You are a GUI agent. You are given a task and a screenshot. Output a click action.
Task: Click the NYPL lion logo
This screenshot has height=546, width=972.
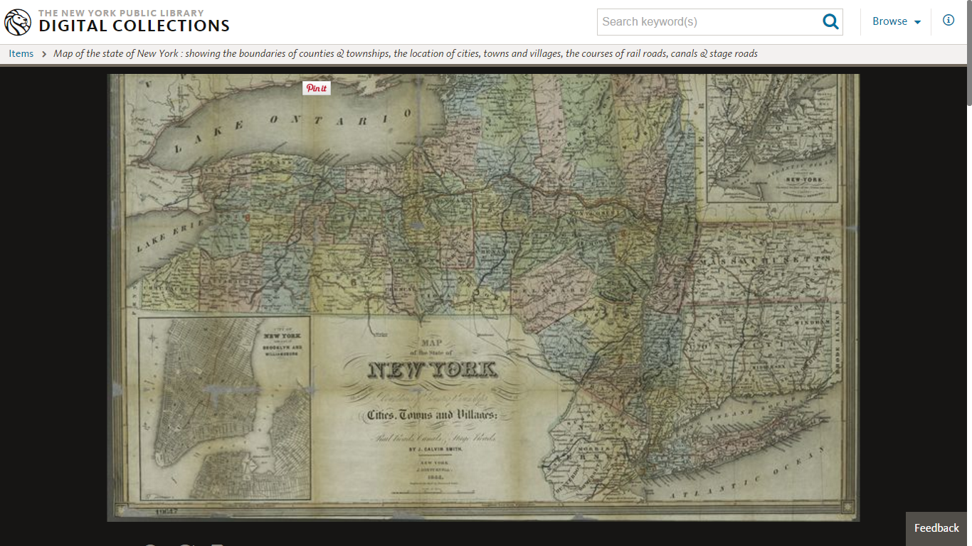[18, 22]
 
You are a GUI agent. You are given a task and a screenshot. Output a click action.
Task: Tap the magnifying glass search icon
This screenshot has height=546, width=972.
[830, 22]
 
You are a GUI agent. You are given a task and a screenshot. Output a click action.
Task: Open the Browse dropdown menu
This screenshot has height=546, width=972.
[897, 22]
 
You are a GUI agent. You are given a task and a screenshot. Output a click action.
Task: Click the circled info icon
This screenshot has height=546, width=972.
[949, 21]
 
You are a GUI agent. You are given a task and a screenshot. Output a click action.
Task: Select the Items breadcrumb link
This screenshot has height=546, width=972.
[21, 53]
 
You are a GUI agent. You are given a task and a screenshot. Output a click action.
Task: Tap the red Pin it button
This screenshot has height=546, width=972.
[317, 88]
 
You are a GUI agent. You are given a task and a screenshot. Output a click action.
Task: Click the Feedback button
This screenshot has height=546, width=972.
[936, 528]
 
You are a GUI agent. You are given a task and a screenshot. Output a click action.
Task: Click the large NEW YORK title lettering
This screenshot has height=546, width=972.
[433, 370]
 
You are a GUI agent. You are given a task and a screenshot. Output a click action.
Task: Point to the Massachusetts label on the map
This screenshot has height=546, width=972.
[765, 262]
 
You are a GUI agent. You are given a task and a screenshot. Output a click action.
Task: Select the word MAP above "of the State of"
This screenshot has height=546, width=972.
[432, 343]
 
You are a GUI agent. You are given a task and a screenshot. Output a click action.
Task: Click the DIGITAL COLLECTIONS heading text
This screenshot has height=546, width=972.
[134, 26]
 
